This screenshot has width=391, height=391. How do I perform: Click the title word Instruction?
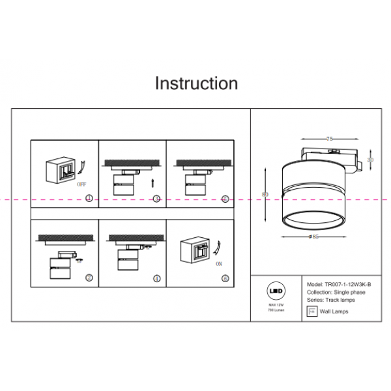pos(196,83)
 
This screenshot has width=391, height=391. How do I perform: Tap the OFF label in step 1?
pos(81,184)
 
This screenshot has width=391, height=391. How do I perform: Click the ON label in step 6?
pos(218,265)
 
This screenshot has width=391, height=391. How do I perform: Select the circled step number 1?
pos(89,198)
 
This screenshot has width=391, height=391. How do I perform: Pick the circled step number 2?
pos(89,278)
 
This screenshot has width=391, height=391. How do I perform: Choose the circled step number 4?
pos(156,278)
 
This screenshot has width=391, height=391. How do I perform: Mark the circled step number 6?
pos(225,278)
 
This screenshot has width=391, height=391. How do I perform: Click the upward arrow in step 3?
pos(152,183)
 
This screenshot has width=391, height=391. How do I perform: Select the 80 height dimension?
pos(265,194)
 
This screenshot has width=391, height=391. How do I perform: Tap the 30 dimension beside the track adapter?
pos(370,160)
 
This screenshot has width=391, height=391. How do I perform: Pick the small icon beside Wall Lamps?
pos(311,311)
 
